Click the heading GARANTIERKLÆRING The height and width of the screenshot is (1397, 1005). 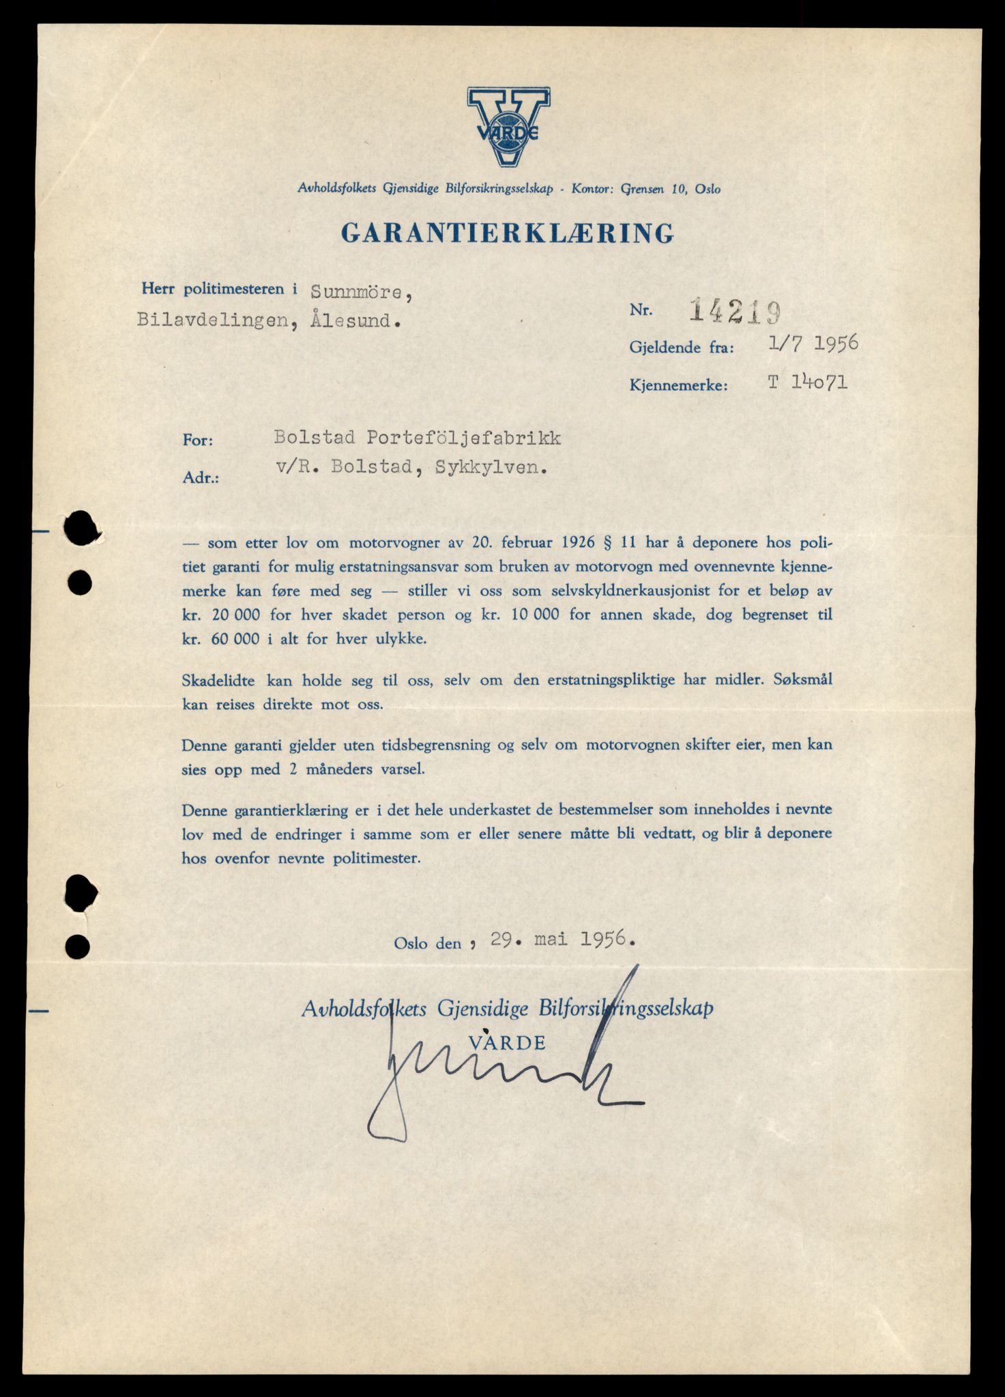[x=508, y=233]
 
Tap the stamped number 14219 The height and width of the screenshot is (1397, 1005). [x=734, y=312]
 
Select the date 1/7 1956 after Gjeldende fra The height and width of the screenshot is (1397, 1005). [x=812, y=344]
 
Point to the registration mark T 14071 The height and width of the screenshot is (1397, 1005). [x=807, y=383]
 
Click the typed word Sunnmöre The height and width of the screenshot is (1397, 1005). [x=361, y=291]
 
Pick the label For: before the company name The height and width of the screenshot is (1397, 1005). [x=198, y=441]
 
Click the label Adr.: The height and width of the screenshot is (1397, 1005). [x=201, y=478]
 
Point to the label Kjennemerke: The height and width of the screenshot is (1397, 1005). [x=679, y=385]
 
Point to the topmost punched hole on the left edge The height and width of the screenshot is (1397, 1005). [x=81, y=528]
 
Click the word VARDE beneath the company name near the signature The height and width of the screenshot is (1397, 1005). [x=508, y=1042]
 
